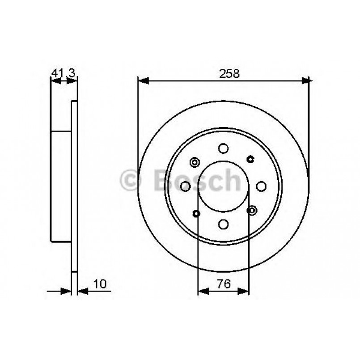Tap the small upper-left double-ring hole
tap(195, 161)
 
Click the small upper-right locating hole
tap(251, 158)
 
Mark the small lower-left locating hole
tap(196, 213)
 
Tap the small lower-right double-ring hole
tap(252, 210)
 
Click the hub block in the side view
tap(61, 185)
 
